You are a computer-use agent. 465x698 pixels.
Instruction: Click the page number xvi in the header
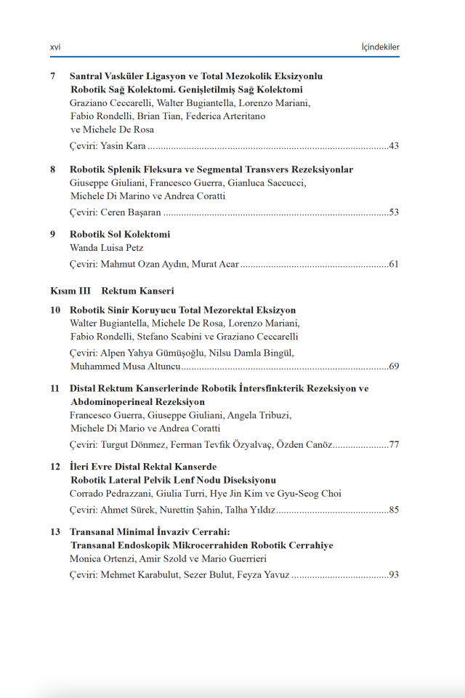pyautogui.click(x=55, y=47)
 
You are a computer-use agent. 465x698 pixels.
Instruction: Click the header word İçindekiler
pyautogui.click(x=381, y=47)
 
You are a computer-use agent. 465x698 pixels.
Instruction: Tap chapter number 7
pyautogui.click(x=53, y=76)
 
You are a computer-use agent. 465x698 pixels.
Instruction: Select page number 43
pyautogui.click(x=394, y=146)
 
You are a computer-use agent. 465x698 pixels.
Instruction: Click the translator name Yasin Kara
pyautogui.click(x=124, y=146)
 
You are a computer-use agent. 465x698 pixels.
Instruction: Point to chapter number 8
pyautogui.click(x=53, y=169)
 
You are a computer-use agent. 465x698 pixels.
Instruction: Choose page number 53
pyautogui.click(x=394, y=212)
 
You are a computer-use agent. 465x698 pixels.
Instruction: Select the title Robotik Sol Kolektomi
pyautogui.click(x=120, y=234)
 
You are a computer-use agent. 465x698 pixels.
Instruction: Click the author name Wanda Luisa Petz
pyautogui.click(x=106, y=248)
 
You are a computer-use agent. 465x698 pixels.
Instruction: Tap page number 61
pyautogui.click(x=394, y=264)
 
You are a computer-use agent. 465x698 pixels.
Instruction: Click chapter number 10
pyautogui.click(x=55, y=310)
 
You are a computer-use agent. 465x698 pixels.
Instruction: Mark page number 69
pyautogui.click(x=394, y=366)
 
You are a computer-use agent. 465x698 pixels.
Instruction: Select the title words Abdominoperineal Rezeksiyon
pyautogui.click(x=137, y=401)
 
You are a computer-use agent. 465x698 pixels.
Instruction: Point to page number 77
pyautogui.click(x=394, y=444)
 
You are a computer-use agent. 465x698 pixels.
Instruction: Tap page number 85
pyautogui.click(x=394, y=510)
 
